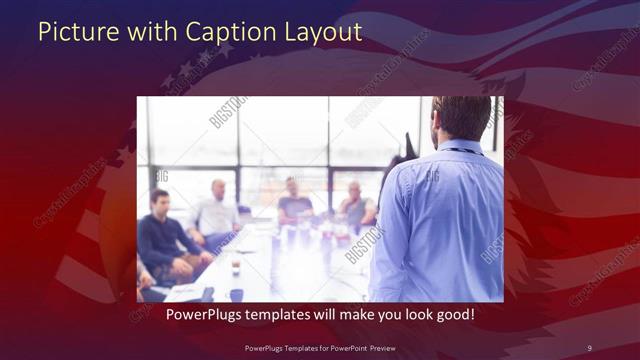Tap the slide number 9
tap(589, 347)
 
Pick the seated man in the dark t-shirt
tap(294, 200)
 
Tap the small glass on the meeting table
tap(235, 267)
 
